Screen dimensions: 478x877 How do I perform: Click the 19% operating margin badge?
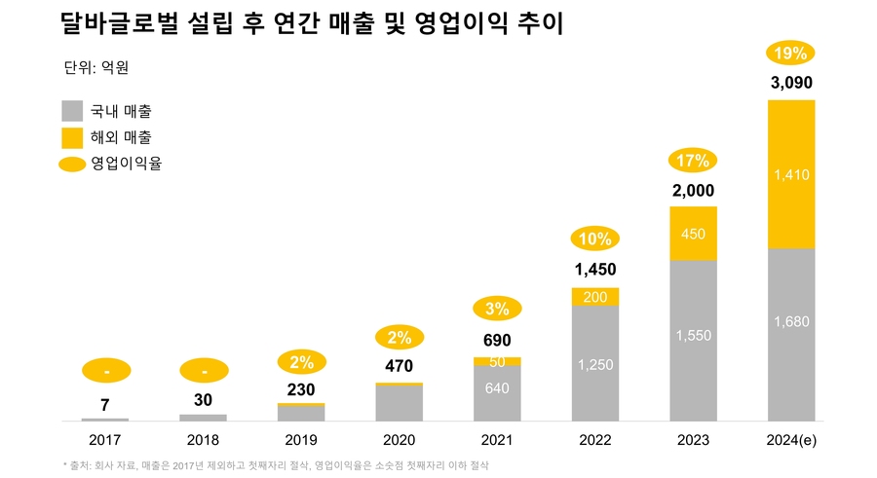pos(790,54)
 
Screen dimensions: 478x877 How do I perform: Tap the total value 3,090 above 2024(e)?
pos(790,83)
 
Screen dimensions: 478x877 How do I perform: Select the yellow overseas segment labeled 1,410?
pos(790,175)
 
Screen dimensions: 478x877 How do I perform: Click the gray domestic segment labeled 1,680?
pos(790,321)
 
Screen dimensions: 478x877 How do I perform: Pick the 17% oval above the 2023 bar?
pos(693,161)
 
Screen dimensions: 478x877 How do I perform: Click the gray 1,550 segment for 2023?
pos(693,335)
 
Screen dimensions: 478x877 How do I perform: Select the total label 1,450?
pos(594,270)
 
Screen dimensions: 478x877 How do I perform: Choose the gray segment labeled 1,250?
pos(594,364)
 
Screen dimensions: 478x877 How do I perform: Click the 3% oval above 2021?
pos(497,310)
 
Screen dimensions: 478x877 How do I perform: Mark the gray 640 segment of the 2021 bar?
pos(497,387)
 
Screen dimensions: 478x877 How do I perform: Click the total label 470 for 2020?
pos(399,367)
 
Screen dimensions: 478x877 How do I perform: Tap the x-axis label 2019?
pos(301,440)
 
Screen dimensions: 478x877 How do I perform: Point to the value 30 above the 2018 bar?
pos(203,400)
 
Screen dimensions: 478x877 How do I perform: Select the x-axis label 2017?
pos(105,440)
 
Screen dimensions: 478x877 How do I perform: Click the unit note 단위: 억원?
pos(95,68)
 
